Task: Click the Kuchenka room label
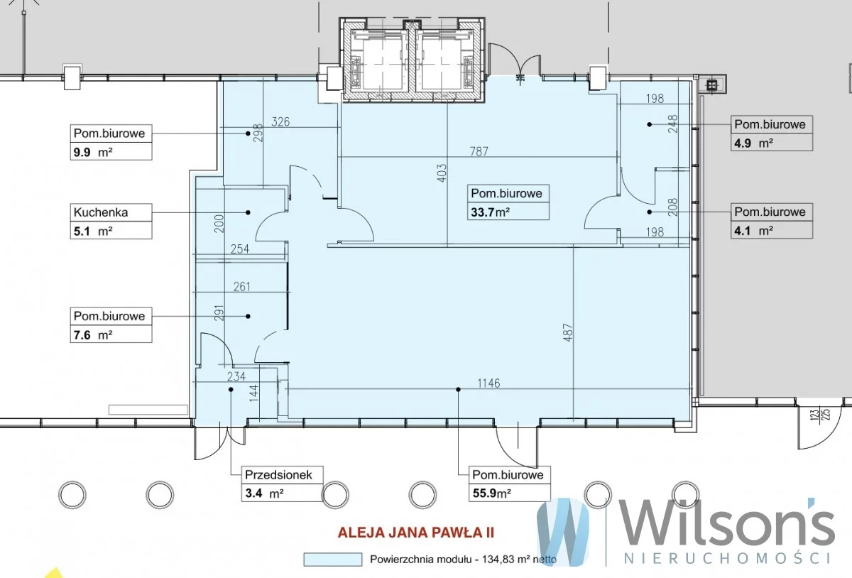click(101, 212)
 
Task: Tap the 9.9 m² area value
click(93, 153)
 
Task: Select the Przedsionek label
click(278, 475)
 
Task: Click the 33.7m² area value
click(491, 212)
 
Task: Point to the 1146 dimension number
click(488, 383)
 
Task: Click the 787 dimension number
click(479, 151)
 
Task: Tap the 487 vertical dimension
click(567, 332)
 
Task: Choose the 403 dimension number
click(442, 173)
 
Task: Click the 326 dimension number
click(280, 121)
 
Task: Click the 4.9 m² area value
click(753, 143)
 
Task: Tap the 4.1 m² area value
click(753, 231)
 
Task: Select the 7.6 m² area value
click(93, 335)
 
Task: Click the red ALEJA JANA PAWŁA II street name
click(416, 533)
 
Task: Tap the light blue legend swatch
click(333, 560)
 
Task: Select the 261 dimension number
click(242, 287)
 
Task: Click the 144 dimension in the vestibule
click(253, 393)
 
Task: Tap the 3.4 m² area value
click(264, 494)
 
